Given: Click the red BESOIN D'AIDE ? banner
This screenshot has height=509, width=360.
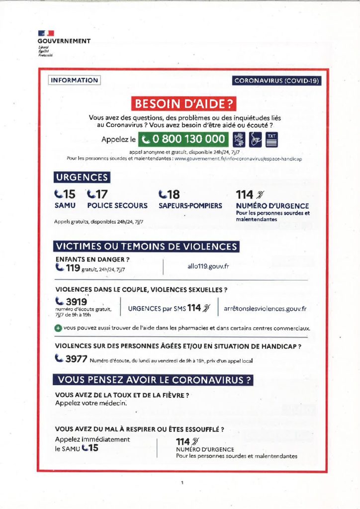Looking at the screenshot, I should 183,104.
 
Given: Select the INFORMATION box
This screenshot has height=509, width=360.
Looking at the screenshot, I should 74,80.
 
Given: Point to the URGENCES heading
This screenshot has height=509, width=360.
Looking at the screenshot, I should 82,177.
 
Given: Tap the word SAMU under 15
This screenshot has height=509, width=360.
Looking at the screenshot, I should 64,205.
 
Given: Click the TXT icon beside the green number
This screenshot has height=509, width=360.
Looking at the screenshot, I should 271,140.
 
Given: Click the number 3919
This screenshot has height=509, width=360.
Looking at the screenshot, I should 77,301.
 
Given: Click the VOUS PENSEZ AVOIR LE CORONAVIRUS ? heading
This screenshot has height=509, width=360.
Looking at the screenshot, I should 153,380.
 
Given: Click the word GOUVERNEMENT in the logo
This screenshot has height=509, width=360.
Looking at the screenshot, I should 64,41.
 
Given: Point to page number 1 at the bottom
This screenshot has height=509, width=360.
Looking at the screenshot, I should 182,482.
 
